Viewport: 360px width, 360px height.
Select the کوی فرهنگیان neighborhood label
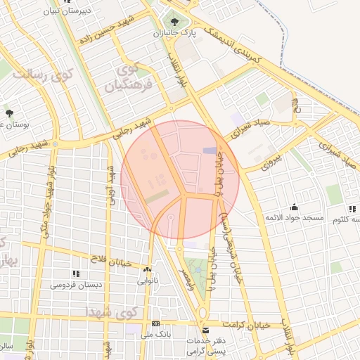[129, 79]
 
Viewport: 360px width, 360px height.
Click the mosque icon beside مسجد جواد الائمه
[294, 207]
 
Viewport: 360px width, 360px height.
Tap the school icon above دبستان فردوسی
[75, 274]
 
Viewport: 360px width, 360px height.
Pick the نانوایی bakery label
[147, 281]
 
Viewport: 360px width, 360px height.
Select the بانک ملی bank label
[155, 335]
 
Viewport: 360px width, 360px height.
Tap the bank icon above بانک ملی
[155, 323]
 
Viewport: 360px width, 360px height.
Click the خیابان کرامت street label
[244, 325]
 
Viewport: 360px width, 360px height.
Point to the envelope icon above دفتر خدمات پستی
[205, 330]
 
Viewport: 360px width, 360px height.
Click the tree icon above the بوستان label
[9, 112]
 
